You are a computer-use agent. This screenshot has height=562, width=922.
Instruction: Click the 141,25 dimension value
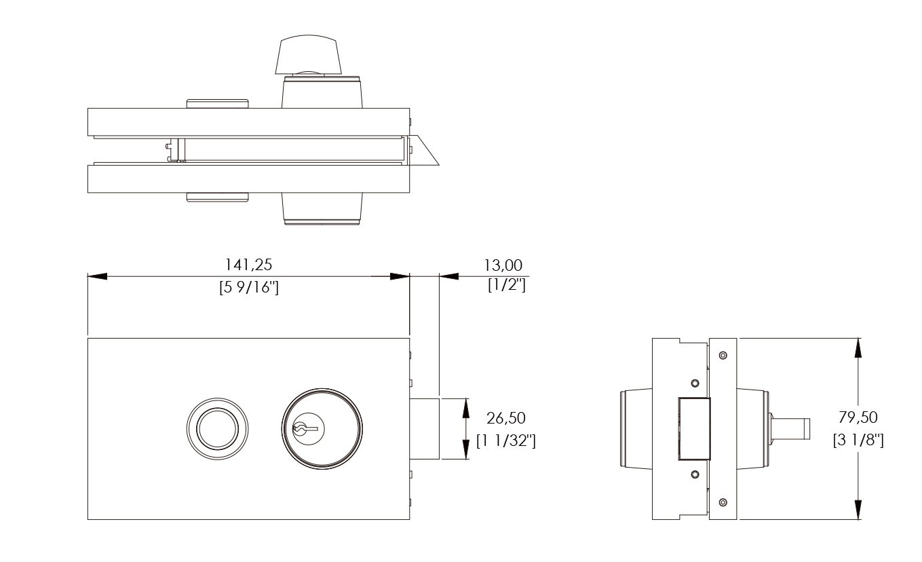(x=248, y=265)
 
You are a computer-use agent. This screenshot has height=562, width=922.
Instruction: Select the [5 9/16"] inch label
(x=249, y=287)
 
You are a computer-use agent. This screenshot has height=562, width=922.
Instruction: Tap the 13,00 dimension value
(x=503, y=265)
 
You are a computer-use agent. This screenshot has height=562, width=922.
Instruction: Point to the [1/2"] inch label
(x=507, y=284)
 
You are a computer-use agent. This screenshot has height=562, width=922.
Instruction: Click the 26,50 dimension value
(x=506, y=418)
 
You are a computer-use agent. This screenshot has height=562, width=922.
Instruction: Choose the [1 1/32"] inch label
(x=506, y=441)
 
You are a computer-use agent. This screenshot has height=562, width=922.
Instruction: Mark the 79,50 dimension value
(x=858, y=417)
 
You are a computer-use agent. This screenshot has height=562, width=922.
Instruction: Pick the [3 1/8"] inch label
(x=858, y=440)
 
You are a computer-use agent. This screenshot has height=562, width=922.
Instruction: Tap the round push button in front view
(x=217, y=428)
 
